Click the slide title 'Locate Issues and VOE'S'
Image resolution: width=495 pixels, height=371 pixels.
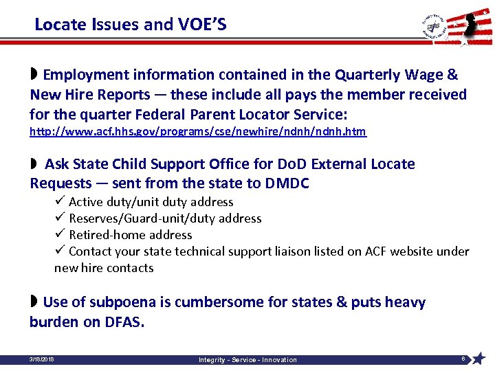130,25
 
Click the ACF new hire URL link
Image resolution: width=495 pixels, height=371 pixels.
198,131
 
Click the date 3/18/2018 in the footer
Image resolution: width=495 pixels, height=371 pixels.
42,359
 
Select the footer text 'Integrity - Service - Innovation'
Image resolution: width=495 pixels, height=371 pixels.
247,359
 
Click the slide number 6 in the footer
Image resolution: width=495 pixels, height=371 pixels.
463,358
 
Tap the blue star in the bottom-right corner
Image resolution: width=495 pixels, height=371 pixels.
479,358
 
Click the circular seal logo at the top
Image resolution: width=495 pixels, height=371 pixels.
434,26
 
